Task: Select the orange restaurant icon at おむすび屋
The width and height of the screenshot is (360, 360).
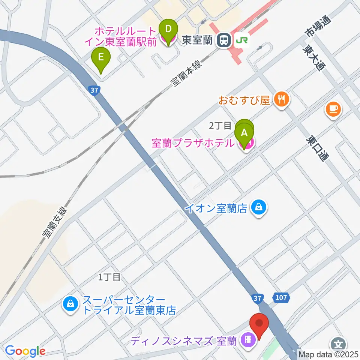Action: click(281, 99)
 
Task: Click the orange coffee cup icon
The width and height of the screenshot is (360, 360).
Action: click(333, 108)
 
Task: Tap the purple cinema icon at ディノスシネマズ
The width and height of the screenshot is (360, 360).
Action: click(249, 340)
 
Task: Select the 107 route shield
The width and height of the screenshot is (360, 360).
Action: click(282, 298)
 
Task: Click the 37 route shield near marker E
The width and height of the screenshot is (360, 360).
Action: click(94, 90)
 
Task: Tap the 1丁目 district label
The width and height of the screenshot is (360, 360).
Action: click(109, 277)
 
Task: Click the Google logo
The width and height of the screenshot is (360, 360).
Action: click(25, 351)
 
